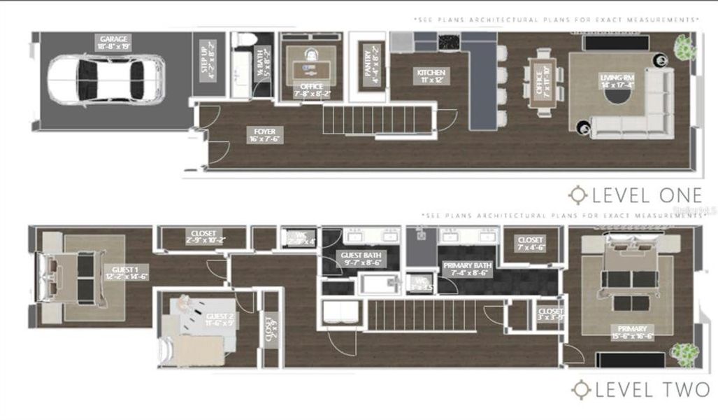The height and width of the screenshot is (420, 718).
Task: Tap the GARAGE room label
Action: point(115,42)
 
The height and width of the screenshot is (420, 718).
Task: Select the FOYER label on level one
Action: point(264,134)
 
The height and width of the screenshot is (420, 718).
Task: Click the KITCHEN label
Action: point(431,76)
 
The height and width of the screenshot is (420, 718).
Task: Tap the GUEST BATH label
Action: point(361,260)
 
